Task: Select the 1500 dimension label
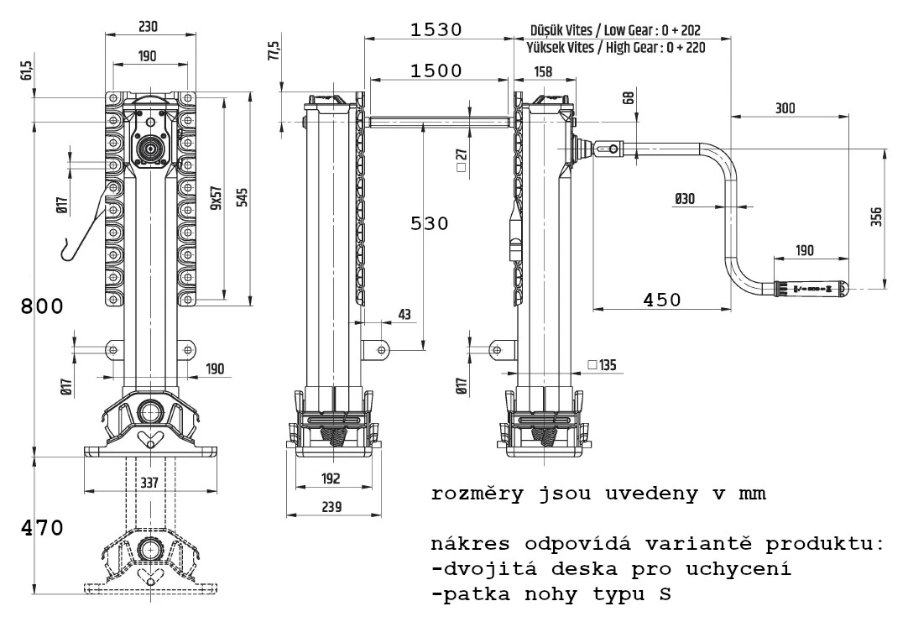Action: (436, 71)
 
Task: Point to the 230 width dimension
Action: (148, 26)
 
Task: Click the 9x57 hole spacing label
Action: (216, 198)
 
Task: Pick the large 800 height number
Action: (42, 306)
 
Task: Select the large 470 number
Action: (42, 529)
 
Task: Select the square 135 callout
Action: (603, 364)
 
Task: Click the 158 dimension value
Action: (543, 72)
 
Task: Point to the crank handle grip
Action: (809, 288)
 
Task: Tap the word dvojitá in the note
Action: (477, 570)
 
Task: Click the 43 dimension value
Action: (404, 314)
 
